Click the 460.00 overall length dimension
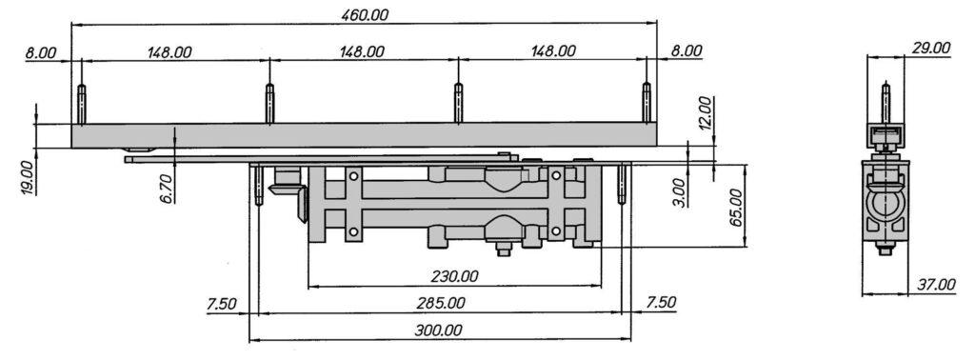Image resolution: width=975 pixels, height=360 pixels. tap(366, 14)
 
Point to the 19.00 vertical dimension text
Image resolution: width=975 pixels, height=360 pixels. tap(27, 177)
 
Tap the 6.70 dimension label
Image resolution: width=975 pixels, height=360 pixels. tap(166, 189)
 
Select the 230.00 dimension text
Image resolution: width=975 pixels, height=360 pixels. tap(454, 276)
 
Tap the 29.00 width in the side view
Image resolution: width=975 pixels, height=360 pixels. tap(929, 48)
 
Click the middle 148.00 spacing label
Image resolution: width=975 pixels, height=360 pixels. tap(362, 51)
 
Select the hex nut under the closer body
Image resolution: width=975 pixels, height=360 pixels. tap(503, 250)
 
